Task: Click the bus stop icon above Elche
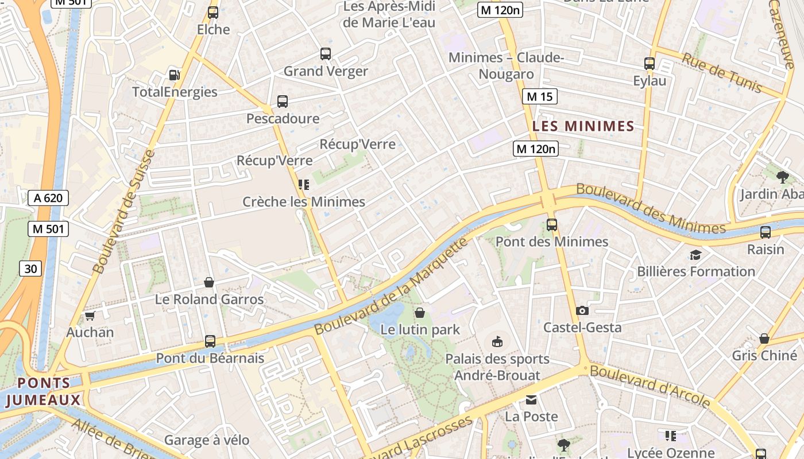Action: click(x=213, y=12)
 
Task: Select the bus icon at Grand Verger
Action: click(x=326, y=54)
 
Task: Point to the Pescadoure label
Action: click(x=283, y=118)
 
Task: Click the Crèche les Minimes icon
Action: click(x=303, y=185)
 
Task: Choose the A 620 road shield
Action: click(x=48, y=199)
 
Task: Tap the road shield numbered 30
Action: click(x=30, y=268)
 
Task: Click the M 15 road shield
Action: click(x=539, y=96)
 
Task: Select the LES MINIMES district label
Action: click(x=583, y=126)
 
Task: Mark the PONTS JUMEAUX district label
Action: click(x=43, y=391)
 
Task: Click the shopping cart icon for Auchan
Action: click(x=90, y=316)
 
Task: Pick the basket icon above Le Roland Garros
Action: click(x=209, y=282)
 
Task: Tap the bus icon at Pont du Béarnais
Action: click(x=210, y=341)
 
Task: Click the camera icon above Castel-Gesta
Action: click(x=582, y=310)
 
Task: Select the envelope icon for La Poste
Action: click(x=531, y=399)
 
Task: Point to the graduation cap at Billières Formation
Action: click(x=696, y=255)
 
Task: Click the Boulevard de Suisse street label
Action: click(x=123, y=211)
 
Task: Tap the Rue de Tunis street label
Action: click(x=721, y=73)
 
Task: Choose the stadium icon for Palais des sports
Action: click(x=497, y=342)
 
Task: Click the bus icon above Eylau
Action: click(x=650, y=64)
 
